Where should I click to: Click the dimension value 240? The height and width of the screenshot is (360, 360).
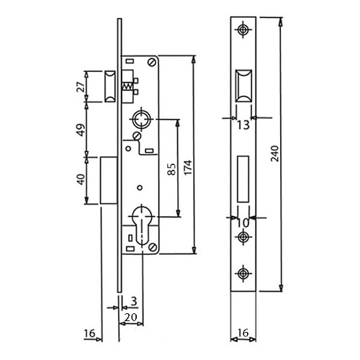tap(275, 153)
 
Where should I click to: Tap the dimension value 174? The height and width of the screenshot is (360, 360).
tap(188, 167)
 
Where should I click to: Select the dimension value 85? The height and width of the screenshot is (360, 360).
tap(172, 169)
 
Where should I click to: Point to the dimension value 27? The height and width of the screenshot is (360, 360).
tap(81, 87)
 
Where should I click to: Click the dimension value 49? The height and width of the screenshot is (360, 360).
tap(81, 130)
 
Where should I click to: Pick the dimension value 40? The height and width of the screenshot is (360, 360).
tap(81, 179)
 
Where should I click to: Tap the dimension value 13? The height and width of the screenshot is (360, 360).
tap(243, 125)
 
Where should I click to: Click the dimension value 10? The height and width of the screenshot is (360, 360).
tap(243, 223)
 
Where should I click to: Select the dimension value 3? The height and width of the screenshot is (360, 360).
tap(134, 301)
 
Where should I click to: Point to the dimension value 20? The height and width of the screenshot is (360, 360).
tap(131, 318)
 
